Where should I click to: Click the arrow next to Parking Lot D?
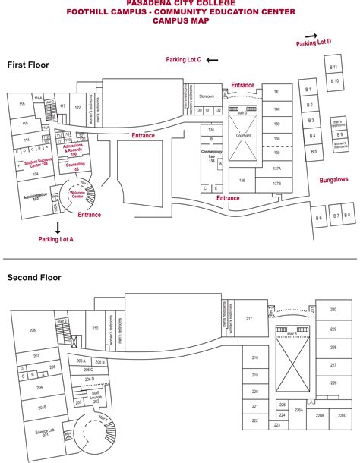(311, 35)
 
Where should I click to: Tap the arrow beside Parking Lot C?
(212, 60)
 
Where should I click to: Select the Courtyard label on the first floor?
(243, 136)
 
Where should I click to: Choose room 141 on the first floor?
(277, 92)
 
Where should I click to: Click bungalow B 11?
(333, 68)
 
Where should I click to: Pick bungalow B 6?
(319, 219)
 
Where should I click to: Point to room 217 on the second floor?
(249, 319)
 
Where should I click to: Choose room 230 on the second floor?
(333, 310)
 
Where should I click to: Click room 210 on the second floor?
(95, 328)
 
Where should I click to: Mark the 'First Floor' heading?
(28, 65)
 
